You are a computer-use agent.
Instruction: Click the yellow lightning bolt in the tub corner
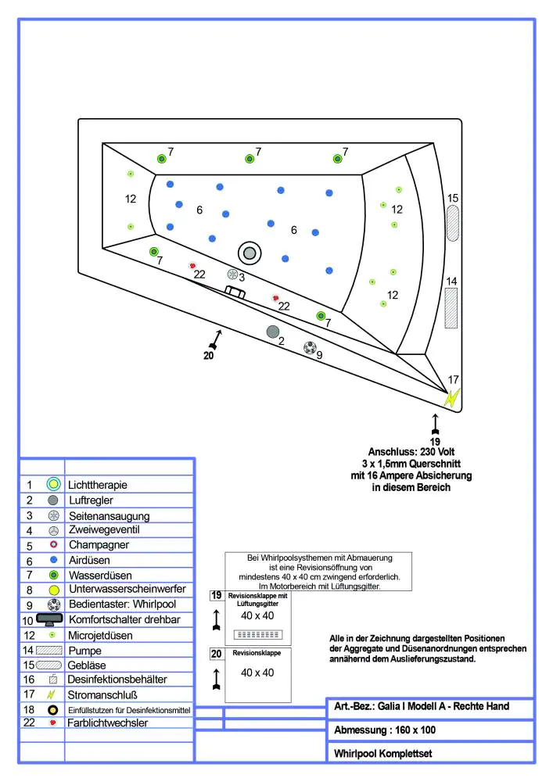point(451,397)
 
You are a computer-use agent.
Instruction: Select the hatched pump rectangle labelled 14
point(451,307)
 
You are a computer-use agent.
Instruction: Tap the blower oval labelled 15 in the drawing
point(453,224)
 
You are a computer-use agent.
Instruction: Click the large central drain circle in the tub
point(250,252)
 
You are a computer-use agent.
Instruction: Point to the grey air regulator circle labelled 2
point(273,332)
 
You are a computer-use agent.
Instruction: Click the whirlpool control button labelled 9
point(310,348)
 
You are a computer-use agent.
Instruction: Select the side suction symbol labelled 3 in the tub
point(232,274)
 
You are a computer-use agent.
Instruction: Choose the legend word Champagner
point(99,545)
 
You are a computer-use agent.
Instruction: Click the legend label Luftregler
point(95,500)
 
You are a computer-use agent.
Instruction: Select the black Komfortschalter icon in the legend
point(49,619)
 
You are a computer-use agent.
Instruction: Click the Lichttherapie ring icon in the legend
point(53,484)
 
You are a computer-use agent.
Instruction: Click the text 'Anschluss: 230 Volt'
point(411,452)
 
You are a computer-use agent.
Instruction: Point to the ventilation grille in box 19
point(258,633)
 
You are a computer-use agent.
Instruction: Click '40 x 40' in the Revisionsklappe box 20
point(257,673)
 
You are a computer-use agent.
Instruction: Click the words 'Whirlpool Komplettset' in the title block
point(382,754)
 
